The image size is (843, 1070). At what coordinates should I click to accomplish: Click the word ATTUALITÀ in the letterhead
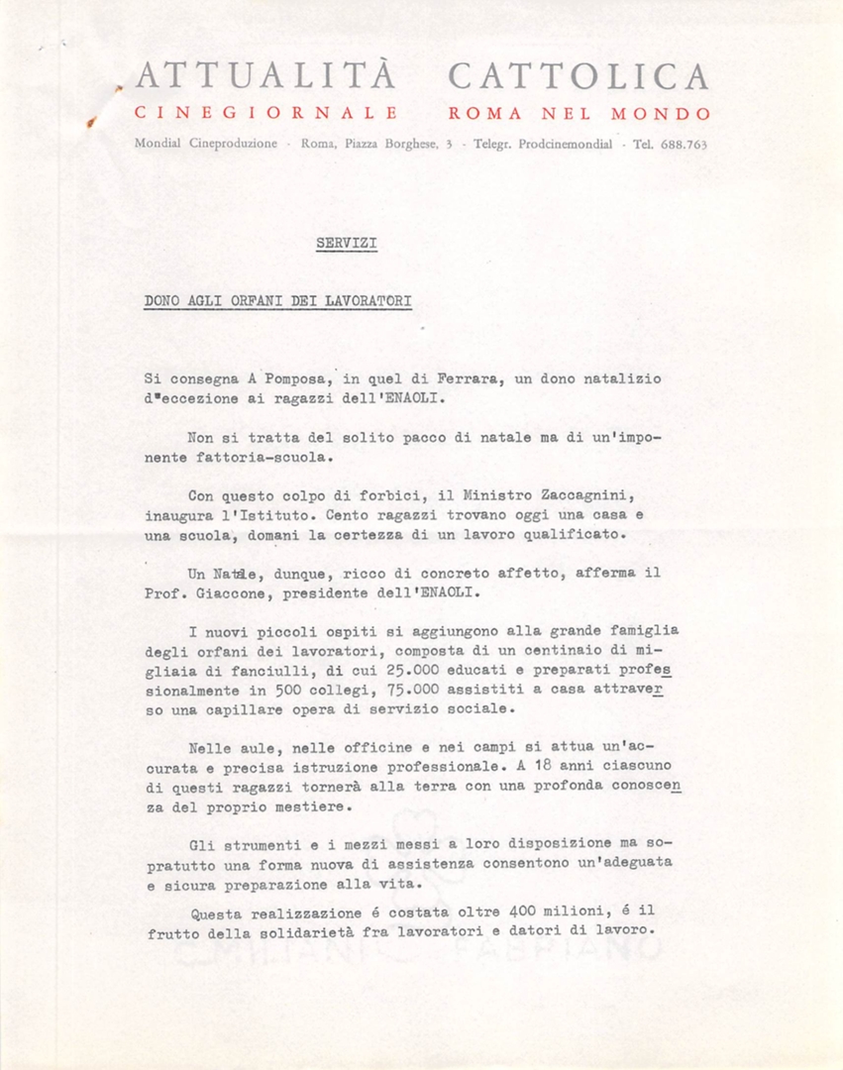click(264, 77)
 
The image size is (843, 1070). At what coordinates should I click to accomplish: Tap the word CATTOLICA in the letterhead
click(579, 77)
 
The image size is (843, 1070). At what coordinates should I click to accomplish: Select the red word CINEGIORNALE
click(265, 114)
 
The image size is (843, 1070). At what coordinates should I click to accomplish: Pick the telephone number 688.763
click(684, 144)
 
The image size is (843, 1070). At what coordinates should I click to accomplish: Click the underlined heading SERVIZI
click(346, 242)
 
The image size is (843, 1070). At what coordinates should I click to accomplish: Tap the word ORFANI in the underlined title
click(257, 299)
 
